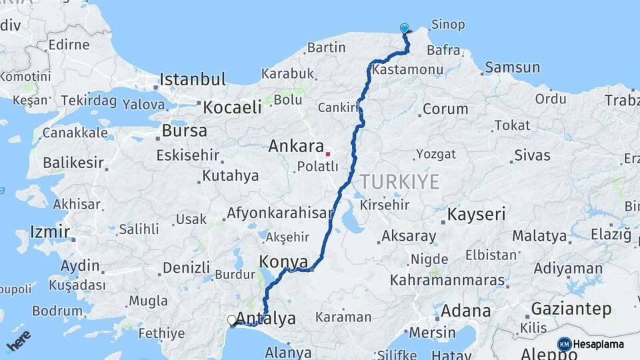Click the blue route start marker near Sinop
coord(405,28)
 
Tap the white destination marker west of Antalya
coord(232,321)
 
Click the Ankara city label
coord(296,146)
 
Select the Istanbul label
coord(193,79)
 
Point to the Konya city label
coord(285,261)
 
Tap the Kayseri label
coord(476,215)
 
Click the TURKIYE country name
coord(399,181)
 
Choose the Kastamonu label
coord(408,69)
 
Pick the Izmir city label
coord(50,232)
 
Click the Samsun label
coord(512,67)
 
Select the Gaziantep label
coord(571,309)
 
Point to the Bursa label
coord(185,131)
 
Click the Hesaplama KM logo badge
coord(565,344)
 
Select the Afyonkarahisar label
coord(279,213)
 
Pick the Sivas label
coord(532,155)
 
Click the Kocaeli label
coord(232,107)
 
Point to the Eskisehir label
coord(187,155)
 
